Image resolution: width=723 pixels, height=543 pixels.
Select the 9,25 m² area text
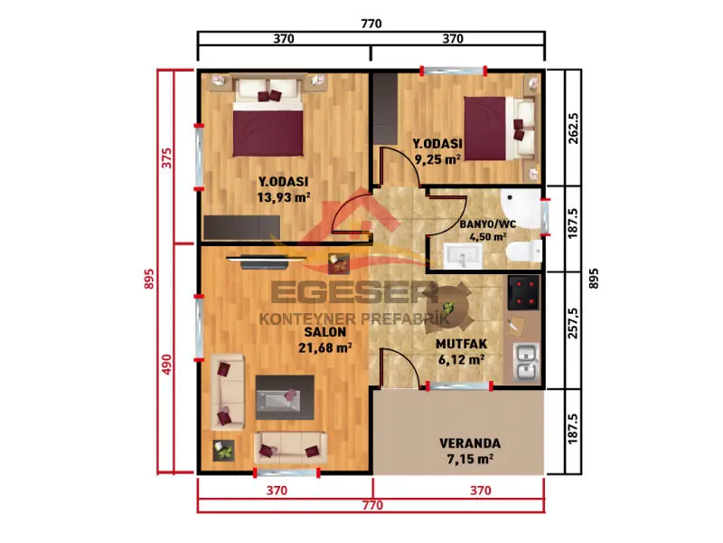pos(437,158)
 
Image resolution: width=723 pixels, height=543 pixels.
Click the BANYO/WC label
pos(486,224)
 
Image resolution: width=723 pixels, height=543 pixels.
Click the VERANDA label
pos(470,444)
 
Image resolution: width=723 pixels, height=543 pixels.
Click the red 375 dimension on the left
pos(165,157)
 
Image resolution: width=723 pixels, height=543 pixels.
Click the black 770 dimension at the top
pos(371,24)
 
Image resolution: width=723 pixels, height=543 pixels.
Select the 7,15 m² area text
pos(470,461)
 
